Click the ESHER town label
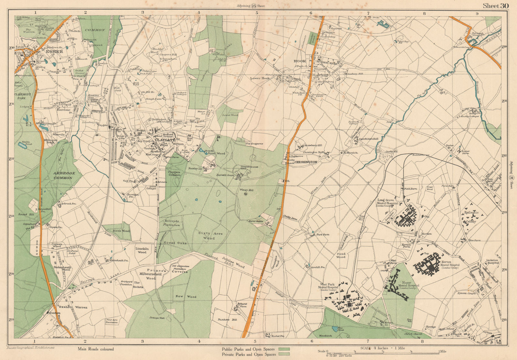tap(54, 51)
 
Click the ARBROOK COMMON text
tap(65, 175)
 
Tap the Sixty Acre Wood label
tap(207, 235)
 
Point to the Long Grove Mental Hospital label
tap(388, 202)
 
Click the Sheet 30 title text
tap(496, 6)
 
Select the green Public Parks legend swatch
tap(284, 349)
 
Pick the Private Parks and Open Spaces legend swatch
tap(284, 354)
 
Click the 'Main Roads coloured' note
tap(96, 349)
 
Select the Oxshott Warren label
tap(73, 307)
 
